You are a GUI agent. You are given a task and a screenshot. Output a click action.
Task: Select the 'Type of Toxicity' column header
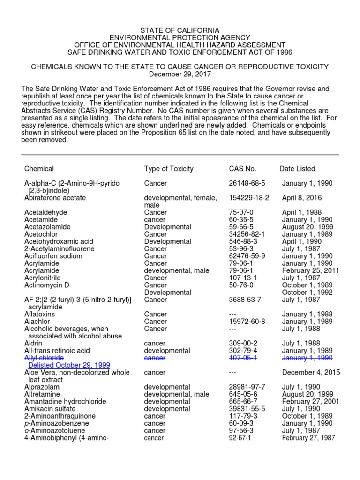click(168, 169)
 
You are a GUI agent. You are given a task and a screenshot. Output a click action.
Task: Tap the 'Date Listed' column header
click(297, 169)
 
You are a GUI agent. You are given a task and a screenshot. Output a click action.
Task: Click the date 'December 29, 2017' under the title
click(180, 75)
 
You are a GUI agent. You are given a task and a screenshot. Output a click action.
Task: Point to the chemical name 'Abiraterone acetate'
click(55, 198)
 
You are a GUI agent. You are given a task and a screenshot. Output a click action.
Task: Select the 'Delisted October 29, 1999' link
click(69, 365)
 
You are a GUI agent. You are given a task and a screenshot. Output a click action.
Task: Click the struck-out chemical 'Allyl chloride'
click(44, 358)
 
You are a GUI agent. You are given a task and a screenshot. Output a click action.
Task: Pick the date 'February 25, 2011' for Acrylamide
click(310, 270)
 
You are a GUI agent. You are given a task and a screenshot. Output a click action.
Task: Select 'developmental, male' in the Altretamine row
click(176, 394)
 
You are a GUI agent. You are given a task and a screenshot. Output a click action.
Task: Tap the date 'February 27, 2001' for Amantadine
click(310, 401)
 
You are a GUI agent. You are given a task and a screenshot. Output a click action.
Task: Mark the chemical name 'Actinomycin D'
click(46, 285)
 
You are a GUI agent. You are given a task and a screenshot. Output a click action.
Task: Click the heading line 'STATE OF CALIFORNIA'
click(180, 30)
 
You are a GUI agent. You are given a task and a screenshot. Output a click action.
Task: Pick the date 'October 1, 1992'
click(307, 292)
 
